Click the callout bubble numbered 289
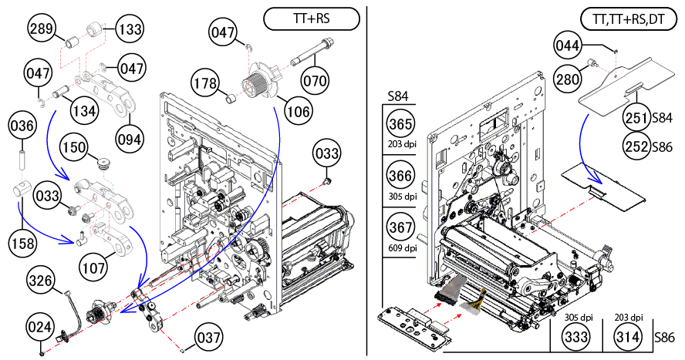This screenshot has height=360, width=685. (42, 30)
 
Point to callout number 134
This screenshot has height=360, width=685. (85, 110)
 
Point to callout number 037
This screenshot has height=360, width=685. (208, 338)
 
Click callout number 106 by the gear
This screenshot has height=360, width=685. (298, 111)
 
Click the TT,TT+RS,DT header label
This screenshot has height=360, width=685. (623, 18)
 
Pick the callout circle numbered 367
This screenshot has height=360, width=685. (401, 229)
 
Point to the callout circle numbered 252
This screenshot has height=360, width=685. (637, 146)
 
